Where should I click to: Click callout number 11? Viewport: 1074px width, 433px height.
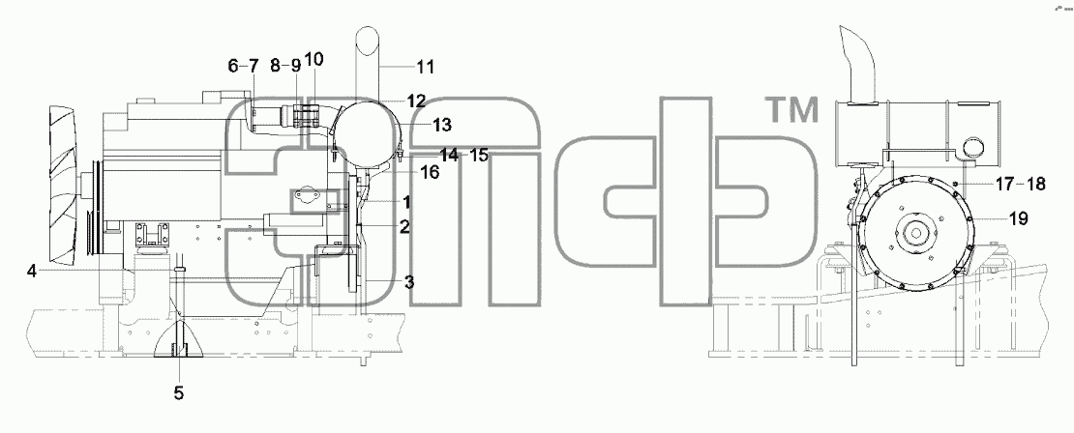coord(426,67)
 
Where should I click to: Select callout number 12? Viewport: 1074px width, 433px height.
coord(416,101)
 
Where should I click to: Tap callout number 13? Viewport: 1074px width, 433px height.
coord(442,125)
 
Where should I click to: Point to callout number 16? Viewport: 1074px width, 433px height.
coord(430,172)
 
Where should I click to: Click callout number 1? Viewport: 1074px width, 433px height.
coord(406,202)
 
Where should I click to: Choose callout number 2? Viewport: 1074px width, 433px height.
coord(404,227)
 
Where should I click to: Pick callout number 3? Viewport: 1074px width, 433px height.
coord(408,281)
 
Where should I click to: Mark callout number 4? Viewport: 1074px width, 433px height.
coord(32,272)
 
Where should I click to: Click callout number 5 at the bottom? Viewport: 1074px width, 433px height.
coord(179,393)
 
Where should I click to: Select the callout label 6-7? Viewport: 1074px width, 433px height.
coord(244,67)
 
